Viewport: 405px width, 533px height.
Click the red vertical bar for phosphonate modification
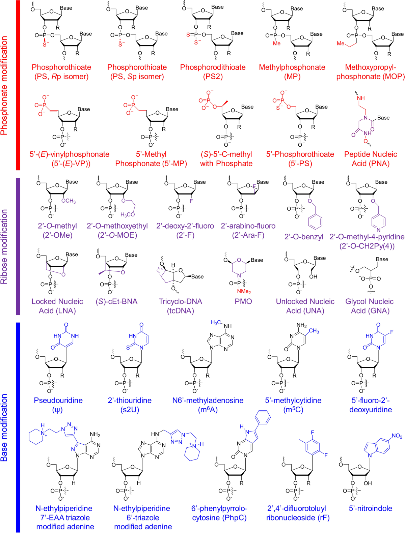[18, 85]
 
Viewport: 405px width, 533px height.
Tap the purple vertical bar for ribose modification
[18, 246]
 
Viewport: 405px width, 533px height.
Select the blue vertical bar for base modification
[18, 427]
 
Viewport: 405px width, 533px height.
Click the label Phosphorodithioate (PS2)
[213, 72]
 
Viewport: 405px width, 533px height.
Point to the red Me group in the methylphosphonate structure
[277, 43]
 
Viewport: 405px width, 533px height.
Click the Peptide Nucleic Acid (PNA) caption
[370, 159]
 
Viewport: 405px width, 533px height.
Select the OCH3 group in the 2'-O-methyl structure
[68, 201]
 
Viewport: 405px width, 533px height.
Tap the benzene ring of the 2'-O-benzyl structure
[315, 221]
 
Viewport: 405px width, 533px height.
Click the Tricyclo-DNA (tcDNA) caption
[181, 306]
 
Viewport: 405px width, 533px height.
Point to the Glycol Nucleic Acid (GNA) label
[370, 306]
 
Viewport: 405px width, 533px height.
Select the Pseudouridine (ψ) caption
[58, 405]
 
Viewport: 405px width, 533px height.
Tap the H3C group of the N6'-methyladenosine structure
[216, 323]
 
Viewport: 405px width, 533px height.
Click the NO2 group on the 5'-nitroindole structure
[397, 436]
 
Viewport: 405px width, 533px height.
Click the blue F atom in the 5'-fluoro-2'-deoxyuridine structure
[391, 332]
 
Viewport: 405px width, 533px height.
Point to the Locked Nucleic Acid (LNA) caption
[57, 306]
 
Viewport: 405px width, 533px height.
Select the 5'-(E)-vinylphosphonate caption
[70, 159]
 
